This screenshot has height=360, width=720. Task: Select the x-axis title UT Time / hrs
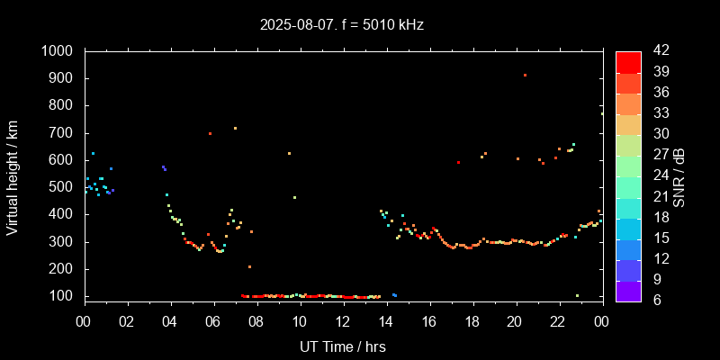343,346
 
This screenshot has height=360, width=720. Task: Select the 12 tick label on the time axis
343,321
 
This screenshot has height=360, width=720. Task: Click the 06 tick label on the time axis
213,321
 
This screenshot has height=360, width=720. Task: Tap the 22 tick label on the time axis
558,321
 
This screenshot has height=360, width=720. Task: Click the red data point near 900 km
525,76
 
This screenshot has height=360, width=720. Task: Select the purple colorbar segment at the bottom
628,290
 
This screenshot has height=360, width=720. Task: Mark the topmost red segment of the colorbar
628,61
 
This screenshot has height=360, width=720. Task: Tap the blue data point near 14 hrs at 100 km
394,295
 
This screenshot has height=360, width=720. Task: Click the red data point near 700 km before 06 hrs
210,133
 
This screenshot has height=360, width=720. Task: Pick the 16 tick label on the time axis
428,321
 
